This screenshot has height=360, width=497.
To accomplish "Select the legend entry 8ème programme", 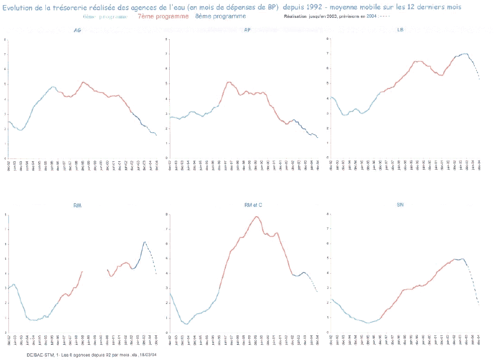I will tap(221, 17).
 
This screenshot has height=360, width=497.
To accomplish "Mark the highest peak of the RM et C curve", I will tap(257, 217).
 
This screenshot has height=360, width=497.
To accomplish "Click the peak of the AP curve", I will tap(229, 82).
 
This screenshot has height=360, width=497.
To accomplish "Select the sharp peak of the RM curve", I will tap(145, 241).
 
